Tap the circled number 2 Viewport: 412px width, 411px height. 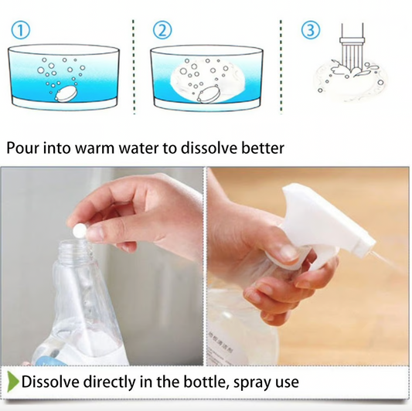click(162, 31)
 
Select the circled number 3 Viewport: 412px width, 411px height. click(309, 31)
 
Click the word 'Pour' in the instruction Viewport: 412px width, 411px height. click(24, 148)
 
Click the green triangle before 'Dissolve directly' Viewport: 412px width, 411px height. click(12, 382)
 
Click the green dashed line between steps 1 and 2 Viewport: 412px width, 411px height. click(135, 62)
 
